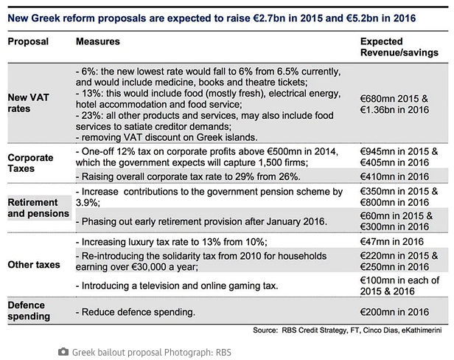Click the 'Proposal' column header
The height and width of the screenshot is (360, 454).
[x=28, y=41]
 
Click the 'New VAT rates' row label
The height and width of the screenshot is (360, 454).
[x=28, y=103]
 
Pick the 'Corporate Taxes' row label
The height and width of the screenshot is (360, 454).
[x=31, y=163]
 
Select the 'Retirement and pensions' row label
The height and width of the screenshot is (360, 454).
[x=37, y=207]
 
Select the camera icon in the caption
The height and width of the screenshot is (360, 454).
[x=63, y=352]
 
